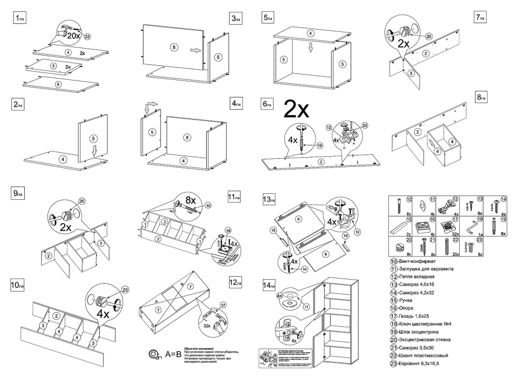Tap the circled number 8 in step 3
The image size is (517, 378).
[x=174, y=48]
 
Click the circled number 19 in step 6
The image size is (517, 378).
[x=319, y=145]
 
